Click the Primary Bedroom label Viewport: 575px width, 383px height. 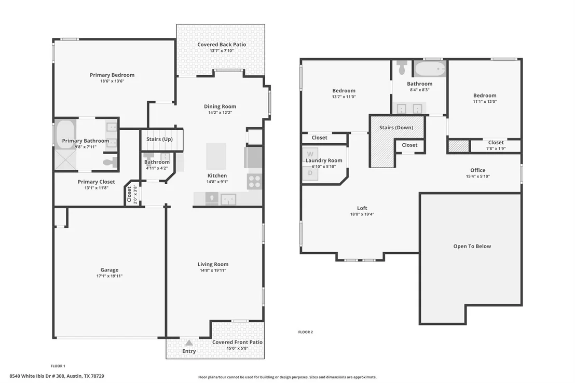tap(112, 75)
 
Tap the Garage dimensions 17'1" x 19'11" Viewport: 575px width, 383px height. tap(109, 276)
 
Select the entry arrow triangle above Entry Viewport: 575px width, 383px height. tap(189, 343)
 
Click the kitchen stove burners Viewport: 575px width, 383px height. tap(254, 182)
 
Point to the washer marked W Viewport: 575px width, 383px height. tap(310, 154)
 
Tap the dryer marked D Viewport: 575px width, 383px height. tap(310, 173)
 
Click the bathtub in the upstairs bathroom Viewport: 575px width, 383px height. tap(430, 69)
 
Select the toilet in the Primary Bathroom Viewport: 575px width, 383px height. tap(111, 162)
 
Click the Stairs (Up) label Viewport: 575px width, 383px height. tap(159, 139)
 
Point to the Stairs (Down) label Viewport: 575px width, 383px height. tap(396, 128)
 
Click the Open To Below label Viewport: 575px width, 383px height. tap(472, 246)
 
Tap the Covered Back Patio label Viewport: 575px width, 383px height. tap(222, 45)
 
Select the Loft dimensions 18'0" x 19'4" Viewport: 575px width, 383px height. tap(362, 214)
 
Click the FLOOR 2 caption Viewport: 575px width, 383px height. tap(306, 332)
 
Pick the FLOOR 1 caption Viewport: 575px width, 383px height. tap(58, 366)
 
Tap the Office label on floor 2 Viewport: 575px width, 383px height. tap(478, 170)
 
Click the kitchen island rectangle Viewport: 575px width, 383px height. tap(216, 156)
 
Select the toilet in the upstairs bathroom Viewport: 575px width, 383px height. tap(402, 68)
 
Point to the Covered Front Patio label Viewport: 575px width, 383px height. tap(237, 342)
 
